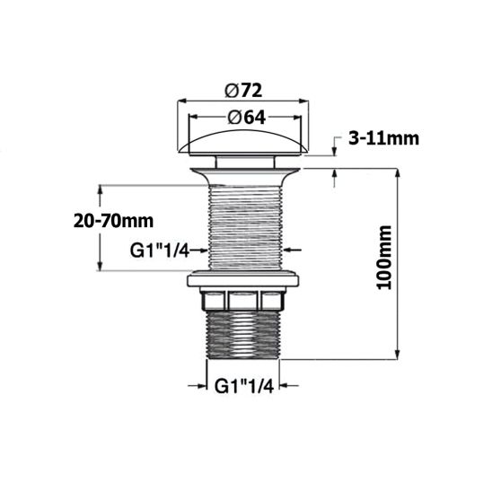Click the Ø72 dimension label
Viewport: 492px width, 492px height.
point(243,91)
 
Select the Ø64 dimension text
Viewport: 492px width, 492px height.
point(243,117)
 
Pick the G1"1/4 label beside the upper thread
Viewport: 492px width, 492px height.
point(158,250)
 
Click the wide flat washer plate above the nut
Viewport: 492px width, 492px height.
point(243,279)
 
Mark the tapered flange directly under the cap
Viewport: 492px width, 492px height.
point(243,167)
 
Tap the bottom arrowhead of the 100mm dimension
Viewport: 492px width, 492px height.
point(396,355)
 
